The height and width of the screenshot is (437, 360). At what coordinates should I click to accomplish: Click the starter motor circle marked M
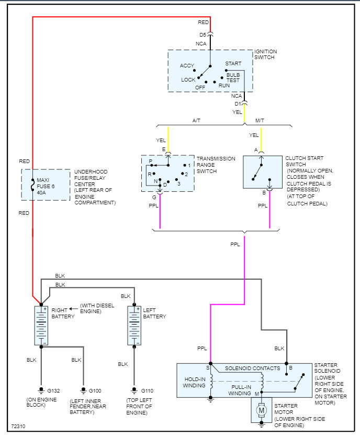[261, 411]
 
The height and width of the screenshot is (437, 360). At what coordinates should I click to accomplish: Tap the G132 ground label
[53, 390]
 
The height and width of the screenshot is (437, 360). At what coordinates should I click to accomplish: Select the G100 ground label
[95, 390]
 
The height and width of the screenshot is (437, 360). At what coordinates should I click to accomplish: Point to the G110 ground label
[148, 390]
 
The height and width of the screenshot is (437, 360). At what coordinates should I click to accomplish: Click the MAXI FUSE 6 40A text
[46, 186]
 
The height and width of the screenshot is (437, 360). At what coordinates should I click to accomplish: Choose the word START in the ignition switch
[233, 64]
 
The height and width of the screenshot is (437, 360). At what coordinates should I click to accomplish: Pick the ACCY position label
[187, 66]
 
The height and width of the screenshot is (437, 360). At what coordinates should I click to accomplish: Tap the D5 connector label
[203, 35]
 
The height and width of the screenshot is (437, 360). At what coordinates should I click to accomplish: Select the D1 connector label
[238, 103]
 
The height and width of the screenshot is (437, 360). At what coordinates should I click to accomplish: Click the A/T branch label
[197, 121]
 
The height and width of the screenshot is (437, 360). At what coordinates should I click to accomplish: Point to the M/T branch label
[260, 121]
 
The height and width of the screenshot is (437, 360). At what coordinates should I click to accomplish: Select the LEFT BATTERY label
[154, 313]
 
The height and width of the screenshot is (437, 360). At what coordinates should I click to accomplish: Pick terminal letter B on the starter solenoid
[290, 369]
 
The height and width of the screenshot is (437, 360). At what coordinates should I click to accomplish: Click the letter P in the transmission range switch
[150, 160]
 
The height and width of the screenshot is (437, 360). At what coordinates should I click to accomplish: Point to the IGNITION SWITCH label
[266, 54]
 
